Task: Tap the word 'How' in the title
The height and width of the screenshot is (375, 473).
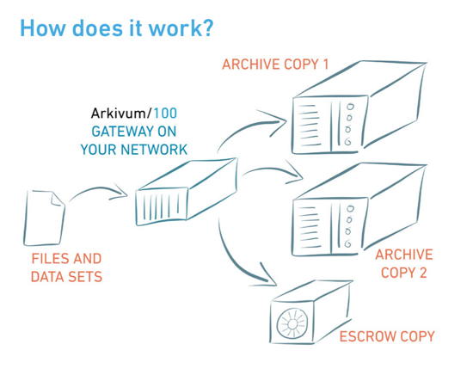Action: click(x=42, y=28)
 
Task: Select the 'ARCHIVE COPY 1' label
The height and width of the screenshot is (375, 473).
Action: click(x=275, y=65)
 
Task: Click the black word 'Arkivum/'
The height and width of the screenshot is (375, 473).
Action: click(x=121, y=114)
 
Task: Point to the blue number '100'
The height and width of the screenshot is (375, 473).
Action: click(x=165, y=114)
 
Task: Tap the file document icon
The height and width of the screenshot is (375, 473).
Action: click(x=44, y=218)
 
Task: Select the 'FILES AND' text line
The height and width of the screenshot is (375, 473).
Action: click(x=66, y=259)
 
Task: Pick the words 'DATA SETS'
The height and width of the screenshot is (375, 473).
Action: click(x=66, y=277)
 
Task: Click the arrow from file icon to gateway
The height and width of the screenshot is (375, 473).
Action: click(x=97, y=189)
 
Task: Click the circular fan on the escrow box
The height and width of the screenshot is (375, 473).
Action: click(x=292, y=323)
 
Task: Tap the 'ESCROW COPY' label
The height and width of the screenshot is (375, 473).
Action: click(x=387, y=336)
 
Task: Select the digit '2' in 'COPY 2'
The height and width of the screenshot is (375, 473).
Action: click(x=423, y=273)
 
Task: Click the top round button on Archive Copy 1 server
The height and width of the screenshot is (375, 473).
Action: click(x=350, y=107)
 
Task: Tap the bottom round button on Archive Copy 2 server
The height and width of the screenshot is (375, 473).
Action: click(x=348, y=243)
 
